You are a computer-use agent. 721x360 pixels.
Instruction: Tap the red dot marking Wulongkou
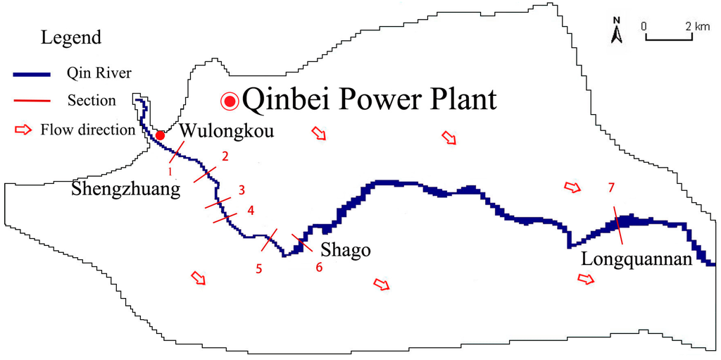161,135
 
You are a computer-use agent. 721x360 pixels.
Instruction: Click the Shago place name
345,251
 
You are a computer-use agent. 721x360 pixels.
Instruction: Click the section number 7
611,187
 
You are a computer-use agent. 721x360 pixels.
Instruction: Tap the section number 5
259,268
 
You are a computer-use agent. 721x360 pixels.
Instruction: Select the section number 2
225,156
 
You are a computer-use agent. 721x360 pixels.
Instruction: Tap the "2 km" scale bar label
697,26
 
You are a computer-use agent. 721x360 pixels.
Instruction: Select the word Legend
71,37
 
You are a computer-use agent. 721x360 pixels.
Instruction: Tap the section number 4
251,210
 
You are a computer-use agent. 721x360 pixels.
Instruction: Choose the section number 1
170,170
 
